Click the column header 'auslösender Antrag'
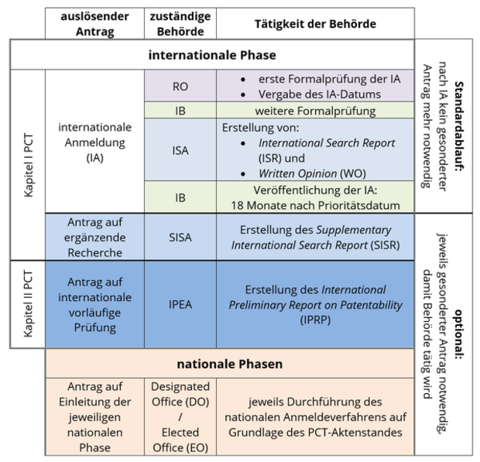pyautogui.click(x=94, y=23)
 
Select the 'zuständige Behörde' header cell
pyautogui.click(x=180, y=23)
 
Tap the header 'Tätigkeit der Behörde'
pyautogui.click(x=315, y=23)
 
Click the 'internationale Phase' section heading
pyautogui.click(x=212, y=55)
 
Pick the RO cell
pyautogui.click(x=180, y=86)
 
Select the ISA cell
pyautogui.click(x=180, y=150)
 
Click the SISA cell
pyautogui.click(x=180, y=237)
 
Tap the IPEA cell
pyautogui.click(x=180, y=304)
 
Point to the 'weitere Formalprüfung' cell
pyautogui.click(x=315, y=111)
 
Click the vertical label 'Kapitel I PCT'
pyautogui.click(x=28, y=165)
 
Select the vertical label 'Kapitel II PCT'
pyautogui.click(x=28, y=304)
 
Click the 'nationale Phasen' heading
pyautogui.click(x=230, y=364)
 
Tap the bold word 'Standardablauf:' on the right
pyautogui.click(x=458, y=126)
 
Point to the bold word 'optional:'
pyautogui.click(x=458, y=334)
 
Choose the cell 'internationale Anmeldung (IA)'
pyautogui.click(x=94, y=142)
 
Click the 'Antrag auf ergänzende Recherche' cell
pyautogui.click(x=94, y=237)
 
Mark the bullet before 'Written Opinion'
pyautogui.click(x=243, y=174)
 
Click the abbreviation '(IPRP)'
pyautogui.click(x=315, y=320)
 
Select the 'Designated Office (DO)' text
pyautogui.click(x=180, y=394)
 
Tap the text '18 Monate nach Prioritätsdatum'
pyautogui.click(x=315, y=205)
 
